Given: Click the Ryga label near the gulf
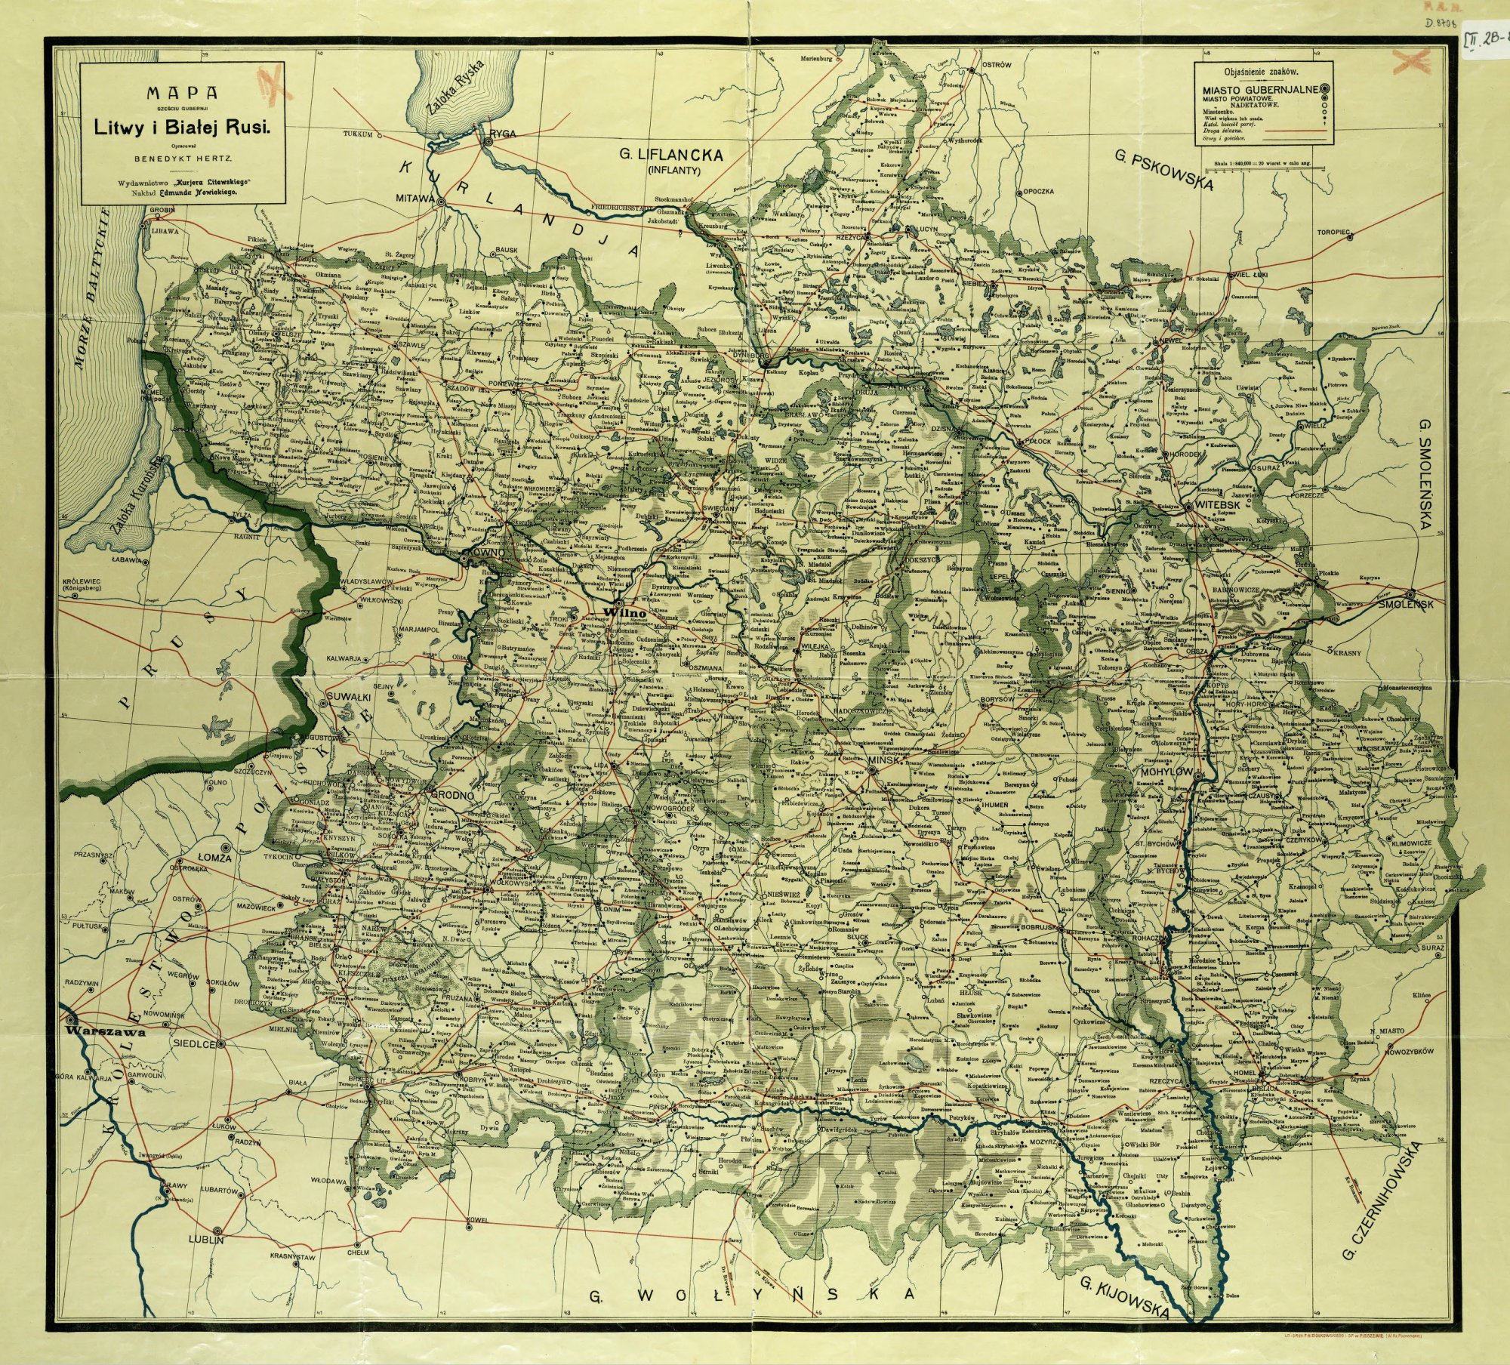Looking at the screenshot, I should [x=503, y=134].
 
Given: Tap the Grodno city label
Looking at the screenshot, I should [x=451, y=795].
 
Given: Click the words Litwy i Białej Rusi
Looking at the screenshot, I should [x=181, y=128].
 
